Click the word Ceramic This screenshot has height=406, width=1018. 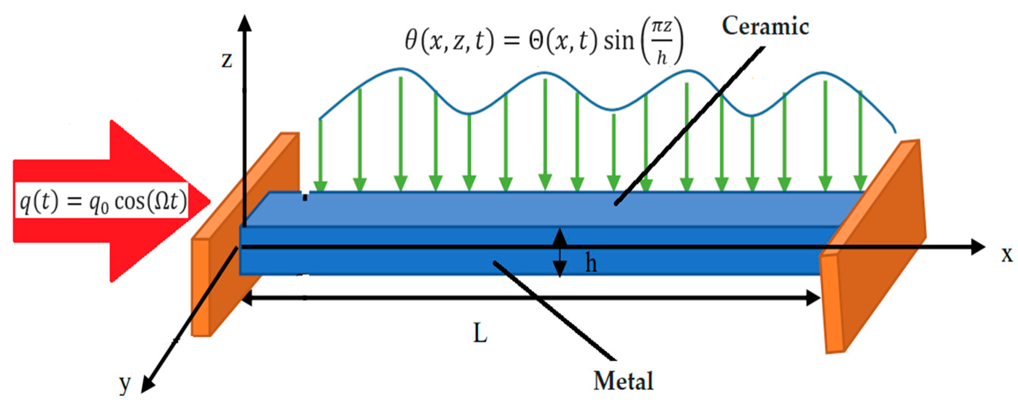[765, 27]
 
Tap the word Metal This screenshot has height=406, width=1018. [623, 381]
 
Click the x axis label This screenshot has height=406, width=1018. [1007, 255]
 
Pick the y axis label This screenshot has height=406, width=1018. [125, 384]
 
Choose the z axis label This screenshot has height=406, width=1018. [226, 60]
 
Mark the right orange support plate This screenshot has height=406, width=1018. [877, 253]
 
